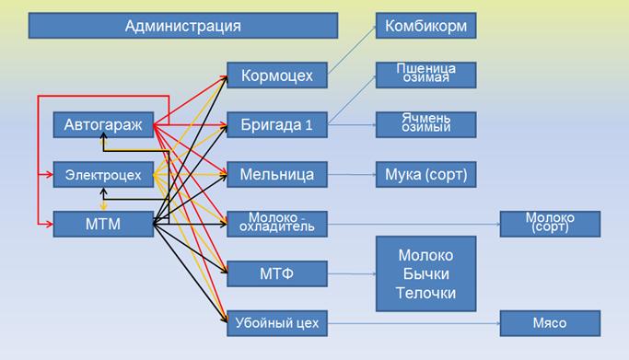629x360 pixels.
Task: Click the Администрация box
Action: click(183, 26)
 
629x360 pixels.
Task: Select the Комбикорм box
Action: click(426, 26)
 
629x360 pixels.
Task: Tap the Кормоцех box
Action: click(277, 75)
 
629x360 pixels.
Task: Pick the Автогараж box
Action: click(103, 124)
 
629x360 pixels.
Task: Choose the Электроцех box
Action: click(103, 174)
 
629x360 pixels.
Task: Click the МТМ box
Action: click(103, 224)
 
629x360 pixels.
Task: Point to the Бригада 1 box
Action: click(277, 124)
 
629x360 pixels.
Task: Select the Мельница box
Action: click(277, 174)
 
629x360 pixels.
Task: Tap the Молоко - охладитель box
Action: click(277, 224)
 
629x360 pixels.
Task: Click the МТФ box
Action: click(277, 273)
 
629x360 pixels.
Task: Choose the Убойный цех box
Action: click(277, 323)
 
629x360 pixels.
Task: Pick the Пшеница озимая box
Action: click(426, 75)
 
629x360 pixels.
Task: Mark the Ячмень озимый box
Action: click(426, 124)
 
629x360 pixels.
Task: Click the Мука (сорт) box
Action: click(426, 174)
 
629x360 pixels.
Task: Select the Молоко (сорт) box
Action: click(550, 224)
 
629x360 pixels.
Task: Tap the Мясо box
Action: click(550, 323)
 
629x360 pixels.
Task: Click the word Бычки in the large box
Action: click(426, 274)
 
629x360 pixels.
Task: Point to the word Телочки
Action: click(426, 293)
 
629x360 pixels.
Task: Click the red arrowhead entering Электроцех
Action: click(49, 174)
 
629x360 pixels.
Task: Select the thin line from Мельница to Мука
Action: click(352, 174)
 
